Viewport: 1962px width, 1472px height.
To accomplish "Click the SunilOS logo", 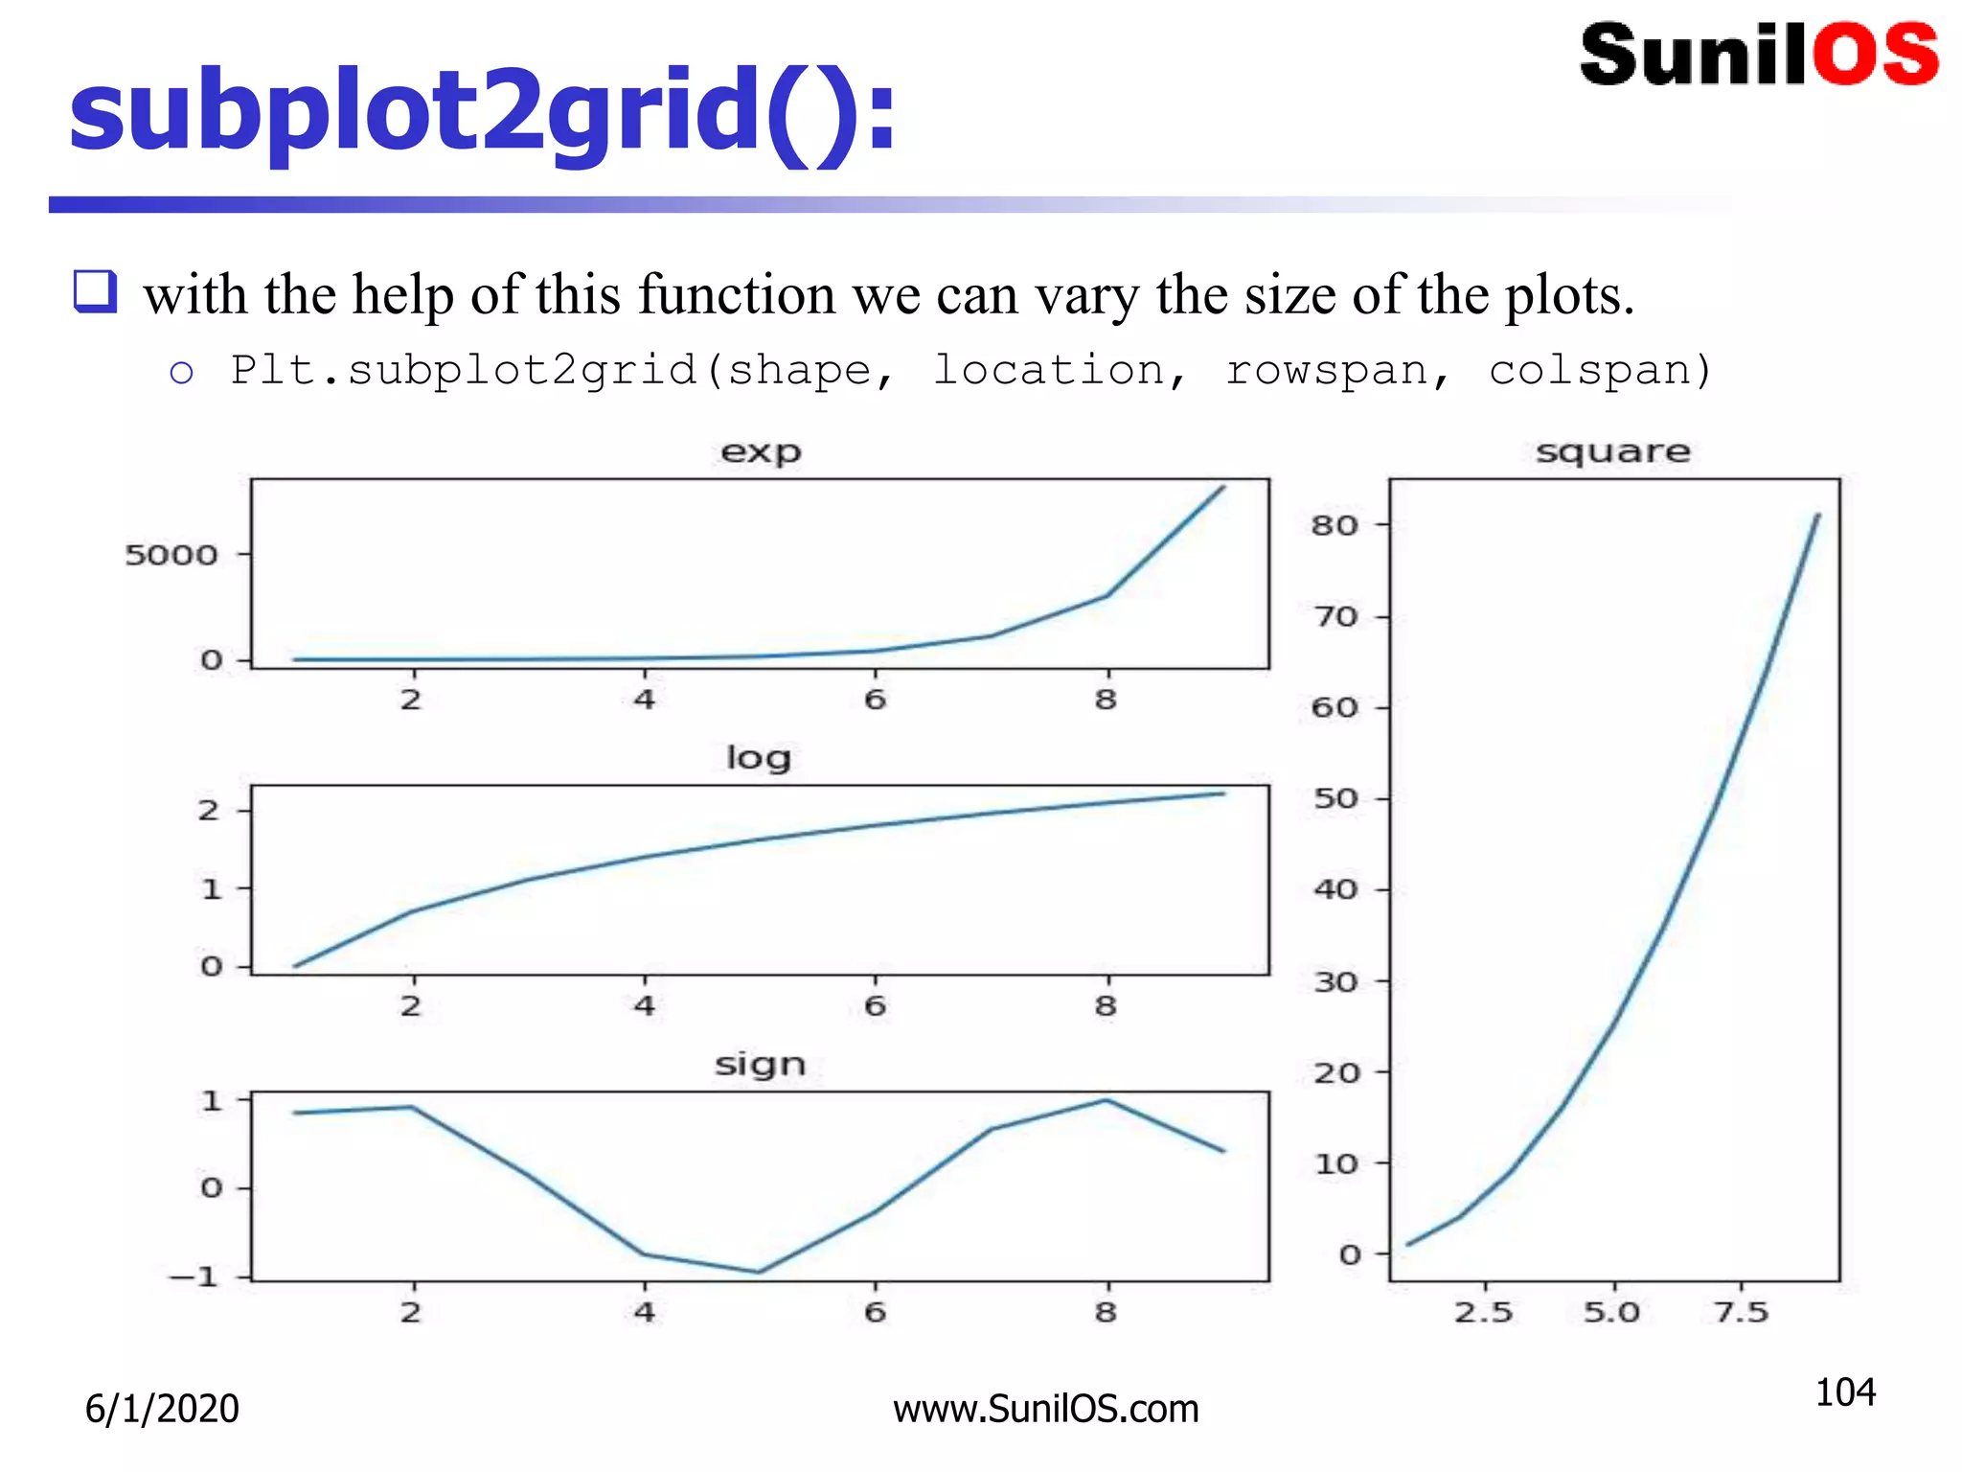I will click(x=1759, y=56).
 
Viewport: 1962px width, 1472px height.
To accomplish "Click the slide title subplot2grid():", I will click(x=482, y=113).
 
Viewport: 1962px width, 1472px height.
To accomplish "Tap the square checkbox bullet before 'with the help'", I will click(x=95, y=291).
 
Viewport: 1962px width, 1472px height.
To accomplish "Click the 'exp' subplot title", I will click(x=761, y=451).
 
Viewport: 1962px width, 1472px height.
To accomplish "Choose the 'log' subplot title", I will click(x=759, y=758).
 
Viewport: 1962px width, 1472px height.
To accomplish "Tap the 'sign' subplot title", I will click(x=760, y=1065).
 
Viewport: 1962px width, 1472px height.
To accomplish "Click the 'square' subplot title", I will click(x=1613, y=451).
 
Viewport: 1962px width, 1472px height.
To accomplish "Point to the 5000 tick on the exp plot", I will click(x=171, y=555).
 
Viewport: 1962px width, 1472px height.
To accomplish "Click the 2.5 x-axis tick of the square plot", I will click(x=1484, y=1312).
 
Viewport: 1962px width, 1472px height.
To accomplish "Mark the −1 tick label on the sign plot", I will click(x=194, y=1277).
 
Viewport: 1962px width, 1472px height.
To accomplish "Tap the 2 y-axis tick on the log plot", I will click(x=209, y=811).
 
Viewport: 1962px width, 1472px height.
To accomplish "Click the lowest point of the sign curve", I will click(x=759, y=1272).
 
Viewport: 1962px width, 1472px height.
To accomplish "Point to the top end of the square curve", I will click(x=1817, y=516).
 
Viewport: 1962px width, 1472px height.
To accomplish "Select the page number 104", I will click(x=1845, y=1392).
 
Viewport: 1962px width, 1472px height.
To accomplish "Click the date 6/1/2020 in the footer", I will click(x=162, y=1409).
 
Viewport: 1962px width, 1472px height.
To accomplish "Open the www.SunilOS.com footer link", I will click(x=1046, y=1409).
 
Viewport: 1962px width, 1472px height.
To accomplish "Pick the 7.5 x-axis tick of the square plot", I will click(x=1742, y=1312).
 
